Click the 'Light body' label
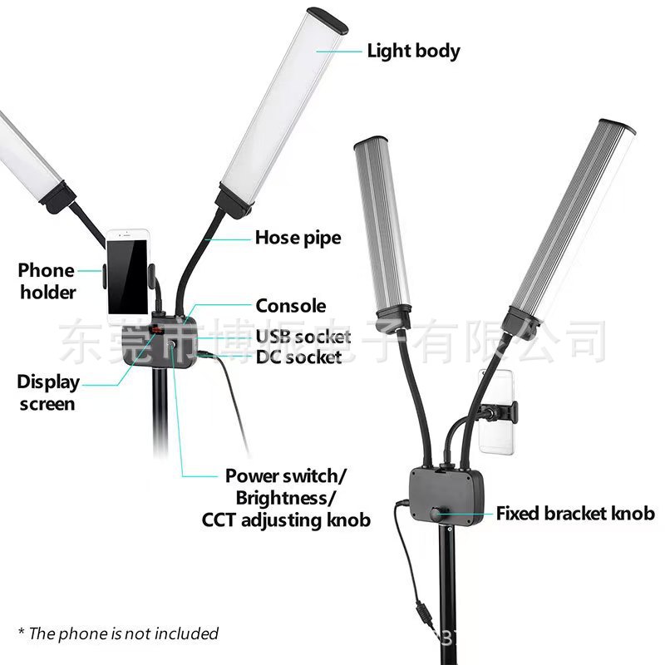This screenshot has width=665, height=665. click(413, 51)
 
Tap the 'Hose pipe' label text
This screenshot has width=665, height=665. click(298, 238)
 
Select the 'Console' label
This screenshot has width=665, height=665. click(290, 306)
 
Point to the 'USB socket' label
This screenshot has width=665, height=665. click(303, 337)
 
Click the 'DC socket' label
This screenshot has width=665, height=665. click(298, 357)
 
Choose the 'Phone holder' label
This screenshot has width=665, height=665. click(47, 281)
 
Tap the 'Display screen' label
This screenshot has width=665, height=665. click(48, 393)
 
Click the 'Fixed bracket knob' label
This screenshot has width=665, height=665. click(575, 513)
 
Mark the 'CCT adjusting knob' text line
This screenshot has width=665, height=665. click(285, 520)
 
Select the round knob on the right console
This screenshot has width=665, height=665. click(437, 513)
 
